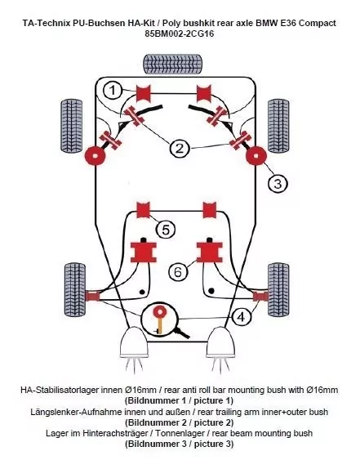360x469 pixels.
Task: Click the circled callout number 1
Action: [113, 89]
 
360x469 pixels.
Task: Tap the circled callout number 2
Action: [179, 148]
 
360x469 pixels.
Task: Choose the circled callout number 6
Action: [178, 271]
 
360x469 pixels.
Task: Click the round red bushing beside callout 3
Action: [255, 154]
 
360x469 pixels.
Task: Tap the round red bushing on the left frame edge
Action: [97, 154]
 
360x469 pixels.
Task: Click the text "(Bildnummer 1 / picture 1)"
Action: [179, 401]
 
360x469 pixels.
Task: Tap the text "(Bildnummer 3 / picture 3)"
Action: [179, 444]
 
